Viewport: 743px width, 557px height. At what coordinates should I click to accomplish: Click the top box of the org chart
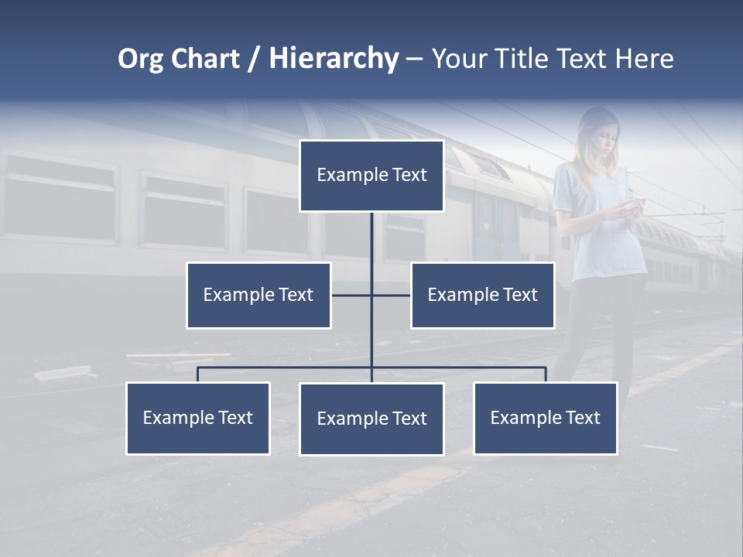pos(371,176)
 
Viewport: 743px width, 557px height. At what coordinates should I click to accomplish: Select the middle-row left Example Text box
pos(259,296)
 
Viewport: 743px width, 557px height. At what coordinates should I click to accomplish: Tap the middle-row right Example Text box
pos(482,296)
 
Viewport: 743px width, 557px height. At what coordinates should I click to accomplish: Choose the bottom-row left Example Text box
pos(198,419)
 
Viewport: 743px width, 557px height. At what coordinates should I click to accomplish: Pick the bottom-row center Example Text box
pos(371,419)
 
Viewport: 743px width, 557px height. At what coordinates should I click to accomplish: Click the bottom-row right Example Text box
pos(546,419)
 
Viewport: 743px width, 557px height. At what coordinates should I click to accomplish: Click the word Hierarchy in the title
pos(334,59)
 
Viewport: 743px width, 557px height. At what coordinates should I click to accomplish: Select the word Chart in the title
pos(205,59)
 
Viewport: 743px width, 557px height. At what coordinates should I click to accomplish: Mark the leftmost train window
pos(60,197)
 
